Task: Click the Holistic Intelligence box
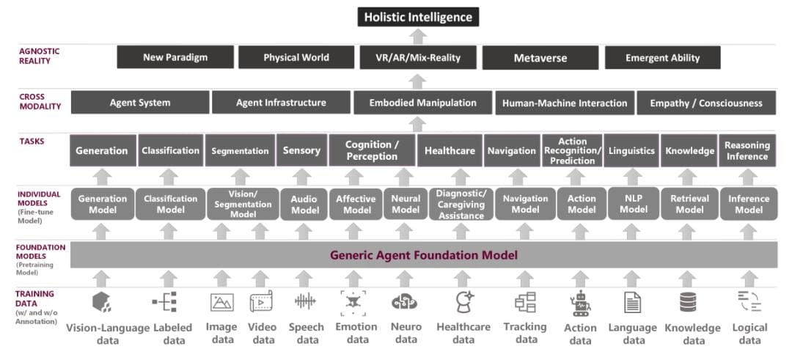(x=418, y=16)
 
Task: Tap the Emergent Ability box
(x=662, y=57)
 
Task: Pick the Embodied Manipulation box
(x=422, y=103)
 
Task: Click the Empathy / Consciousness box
(x=706, y=103)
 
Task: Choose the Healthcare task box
(x=450, y=150)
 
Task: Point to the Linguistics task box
(x=631, y=150)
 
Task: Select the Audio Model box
(x=304, y=205)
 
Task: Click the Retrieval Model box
(x=689, y=204)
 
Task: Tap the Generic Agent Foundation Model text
(x=424, y=256)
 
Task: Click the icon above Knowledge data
(x=688, y=302)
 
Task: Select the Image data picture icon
(x=222, y=302)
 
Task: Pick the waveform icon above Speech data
(x=305, y=301)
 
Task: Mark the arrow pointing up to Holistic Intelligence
(x=417, y=37)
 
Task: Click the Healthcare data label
(x=463, y=333)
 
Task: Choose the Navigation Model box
(x=525, y=204)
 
